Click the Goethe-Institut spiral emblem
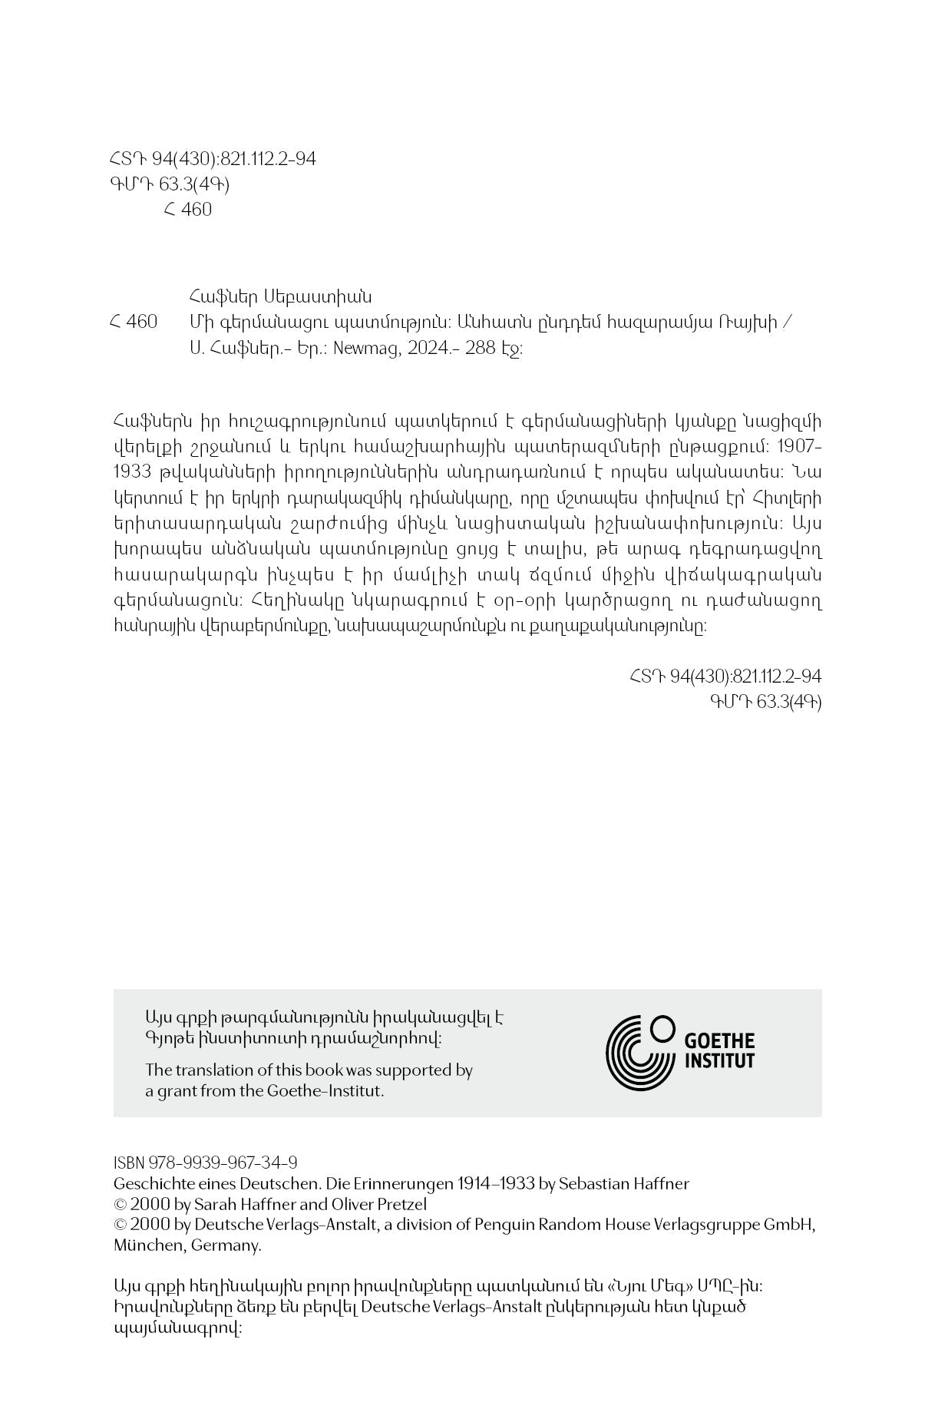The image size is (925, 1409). click(x=639, y=1052)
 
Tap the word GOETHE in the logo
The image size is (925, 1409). click(x=719, y=1041)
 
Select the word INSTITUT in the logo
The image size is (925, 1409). click(x=719, y=1061)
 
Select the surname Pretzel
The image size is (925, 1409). click(x=397, y=1204)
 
